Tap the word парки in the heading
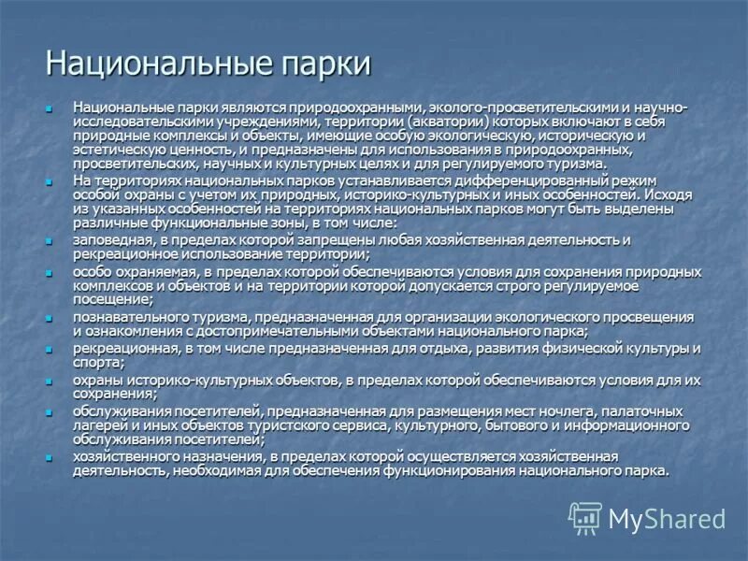[x=324, y=65]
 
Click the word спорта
[x=97, y=363]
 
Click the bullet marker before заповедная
[x=51, y=241]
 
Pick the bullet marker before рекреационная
[x=51, y=350]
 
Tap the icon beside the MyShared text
[x=586, y=518]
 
